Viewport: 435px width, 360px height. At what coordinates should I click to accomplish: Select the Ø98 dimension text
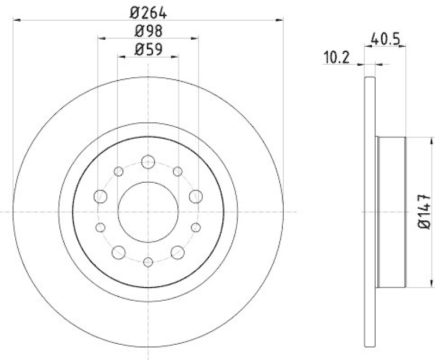148,30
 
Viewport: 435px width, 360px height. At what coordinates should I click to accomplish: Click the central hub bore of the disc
148,211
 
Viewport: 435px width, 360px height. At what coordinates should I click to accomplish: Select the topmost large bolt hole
148,162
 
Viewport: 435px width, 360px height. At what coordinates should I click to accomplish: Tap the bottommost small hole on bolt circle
148,262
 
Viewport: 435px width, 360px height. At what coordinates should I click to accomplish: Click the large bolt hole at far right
195,196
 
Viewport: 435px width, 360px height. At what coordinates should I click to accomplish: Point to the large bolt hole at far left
101,196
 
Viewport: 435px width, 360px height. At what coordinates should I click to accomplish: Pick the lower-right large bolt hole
177,251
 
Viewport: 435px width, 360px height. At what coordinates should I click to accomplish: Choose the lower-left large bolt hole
119,251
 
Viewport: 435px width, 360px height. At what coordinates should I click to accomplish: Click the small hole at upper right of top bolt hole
177,172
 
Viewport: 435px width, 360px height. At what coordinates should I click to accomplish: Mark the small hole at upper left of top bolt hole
119,172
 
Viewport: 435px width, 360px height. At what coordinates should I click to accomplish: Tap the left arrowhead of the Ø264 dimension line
15,21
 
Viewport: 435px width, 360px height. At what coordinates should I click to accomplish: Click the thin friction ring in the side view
370,212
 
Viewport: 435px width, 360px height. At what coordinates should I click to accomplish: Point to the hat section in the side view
391,212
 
